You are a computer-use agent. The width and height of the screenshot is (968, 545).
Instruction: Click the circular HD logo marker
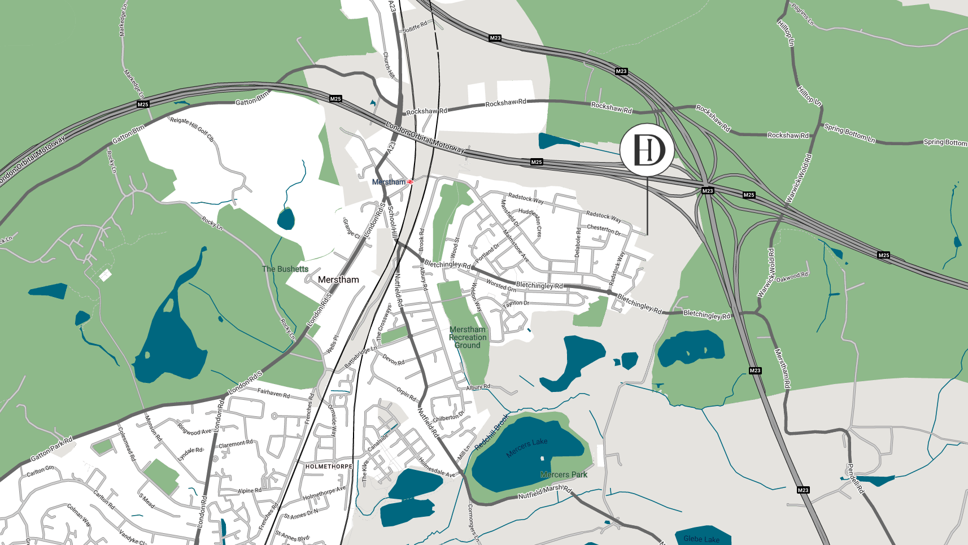tap(647, 150)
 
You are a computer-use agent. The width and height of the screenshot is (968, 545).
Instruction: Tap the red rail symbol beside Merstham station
tap(410, 182)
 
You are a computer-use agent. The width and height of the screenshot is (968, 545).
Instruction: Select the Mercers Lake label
tap(526, 448)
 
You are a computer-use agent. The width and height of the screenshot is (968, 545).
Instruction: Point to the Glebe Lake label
tap(701, 539)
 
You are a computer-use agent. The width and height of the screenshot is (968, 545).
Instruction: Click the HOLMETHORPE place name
tap(329, 466)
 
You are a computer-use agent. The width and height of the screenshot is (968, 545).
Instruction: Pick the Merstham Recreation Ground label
tap(468, 337)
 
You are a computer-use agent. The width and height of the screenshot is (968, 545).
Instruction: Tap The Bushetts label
tap(285, 269)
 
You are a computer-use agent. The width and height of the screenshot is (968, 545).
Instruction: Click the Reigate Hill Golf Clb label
tap(192, 129)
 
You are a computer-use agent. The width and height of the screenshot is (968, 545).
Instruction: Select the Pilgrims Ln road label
tap(803, 15)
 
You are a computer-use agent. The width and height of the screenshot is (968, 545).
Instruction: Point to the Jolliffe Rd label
tap(415, 27)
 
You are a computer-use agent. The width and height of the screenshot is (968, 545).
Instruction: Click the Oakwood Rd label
tap(792, 277)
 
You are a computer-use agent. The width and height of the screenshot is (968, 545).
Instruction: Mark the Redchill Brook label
tap(491, 433)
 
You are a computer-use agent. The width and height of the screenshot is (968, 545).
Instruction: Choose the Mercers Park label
tap(564, 474)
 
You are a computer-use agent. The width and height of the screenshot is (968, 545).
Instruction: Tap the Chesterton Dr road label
tap(604, 229)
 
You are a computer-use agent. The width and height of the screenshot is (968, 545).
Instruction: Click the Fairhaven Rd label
tap(273, 393)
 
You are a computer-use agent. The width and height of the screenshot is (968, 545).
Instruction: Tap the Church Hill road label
tap(389, 66)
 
